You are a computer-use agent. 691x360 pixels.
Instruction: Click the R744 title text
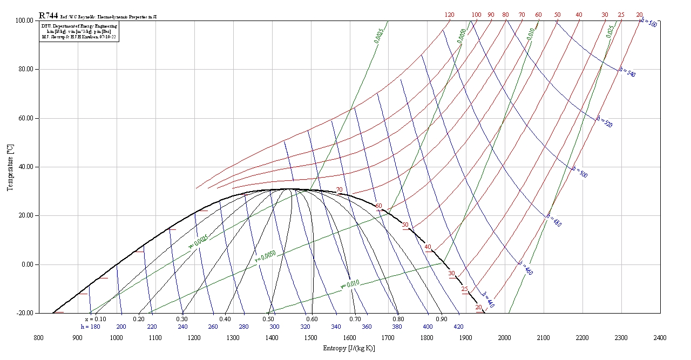tap(49, 16)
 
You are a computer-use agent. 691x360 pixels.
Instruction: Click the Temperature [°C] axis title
tap(10, 167)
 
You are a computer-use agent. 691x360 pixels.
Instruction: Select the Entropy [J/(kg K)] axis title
tap(349, 348)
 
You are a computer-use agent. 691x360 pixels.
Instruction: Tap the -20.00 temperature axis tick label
tap(24, 313)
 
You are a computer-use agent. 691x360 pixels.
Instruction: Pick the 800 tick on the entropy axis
tap(39, 338)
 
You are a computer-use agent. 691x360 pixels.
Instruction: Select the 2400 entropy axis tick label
tap(660, 338)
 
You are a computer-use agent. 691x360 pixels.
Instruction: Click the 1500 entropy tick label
tap(310, 338)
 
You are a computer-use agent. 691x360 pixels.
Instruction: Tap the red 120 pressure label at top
tap(449, 15)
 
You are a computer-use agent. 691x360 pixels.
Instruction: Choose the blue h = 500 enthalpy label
tap(580, 172)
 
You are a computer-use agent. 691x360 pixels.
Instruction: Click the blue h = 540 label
tap(627, 72)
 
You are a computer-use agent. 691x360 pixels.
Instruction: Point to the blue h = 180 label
tap(90, 327)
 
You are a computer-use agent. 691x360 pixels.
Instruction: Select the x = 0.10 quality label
tap(95, 319)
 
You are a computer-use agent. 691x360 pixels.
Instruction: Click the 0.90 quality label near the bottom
tap(442, 319)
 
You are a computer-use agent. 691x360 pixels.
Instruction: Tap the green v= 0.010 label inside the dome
tap(350, 284)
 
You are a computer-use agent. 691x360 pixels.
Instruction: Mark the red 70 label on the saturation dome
tap(339, 190)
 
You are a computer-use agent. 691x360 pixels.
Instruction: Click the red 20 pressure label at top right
tap(639, 15)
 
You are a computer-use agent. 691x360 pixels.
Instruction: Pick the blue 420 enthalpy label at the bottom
tap(458, 327)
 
